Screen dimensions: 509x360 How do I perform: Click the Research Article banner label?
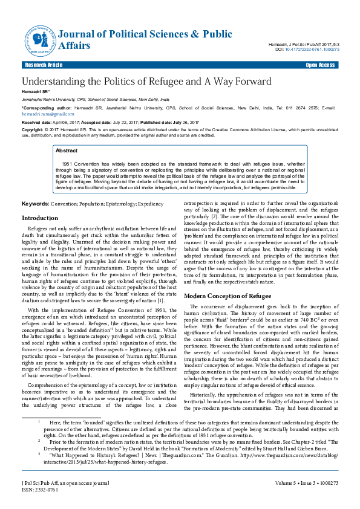tap(44, 65)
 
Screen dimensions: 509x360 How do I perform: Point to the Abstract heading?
tap(67, 150)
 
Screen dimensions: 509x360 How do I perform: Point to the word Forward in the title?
tap(250, 82)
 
